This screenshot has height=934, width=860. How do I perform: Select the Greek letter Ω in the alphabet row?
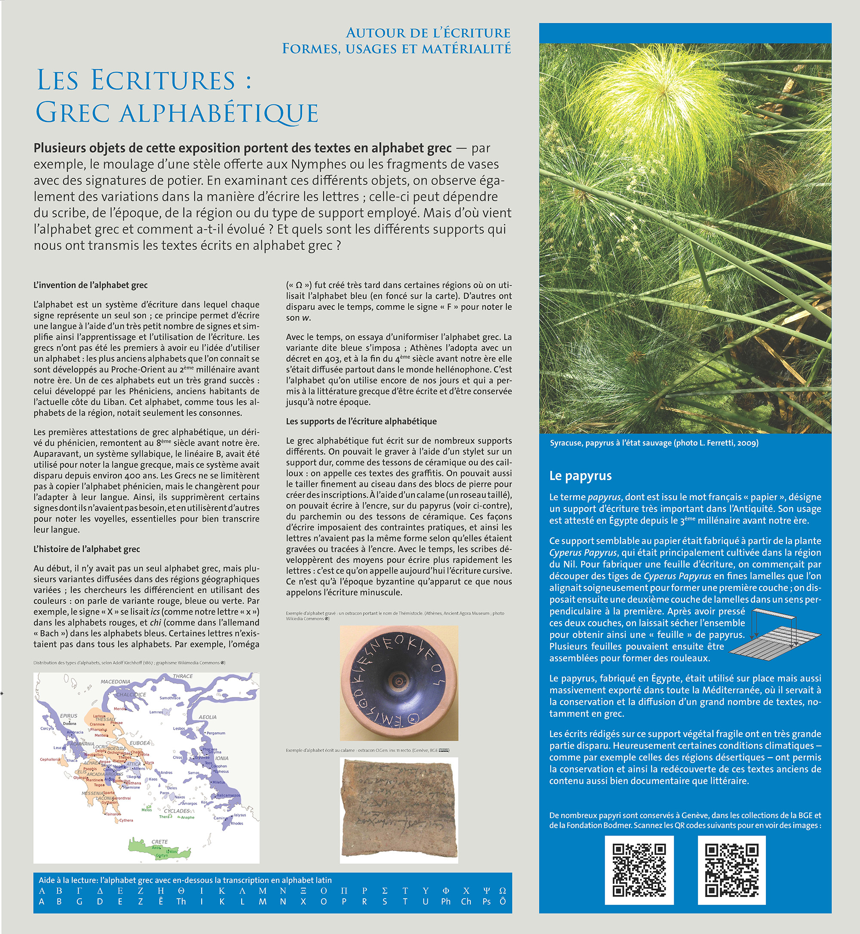pyautogui.click(x=503, y=891)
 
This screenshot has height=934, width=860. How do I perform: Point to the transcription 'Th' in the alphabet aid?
pyautogui.click(x=181, y=902)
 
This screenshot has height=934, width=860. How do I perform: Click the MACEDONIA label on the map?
pyautogui.click(x=115, y=681)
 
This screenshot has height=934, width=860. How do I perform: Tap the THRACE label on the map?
pyautogui.click(x=182, y=676)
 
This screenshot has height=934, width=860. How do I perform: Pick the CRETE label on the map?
pyautogui.click(x=160, y=842)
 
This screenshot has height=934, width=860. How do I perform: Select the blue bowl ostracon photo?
pyautogui.click(x=399, y=683)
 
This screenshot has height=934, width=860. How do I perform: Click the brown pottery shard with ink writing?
pyautogui.click(x=399, y=810)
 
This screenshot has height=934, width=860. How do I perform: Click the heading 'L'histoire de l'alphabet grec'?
pyautogui.click(x=86, y=549)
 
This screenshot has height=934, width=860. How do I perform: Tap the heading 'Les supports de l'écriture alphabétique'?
pyautogui.click(x=361, y=421)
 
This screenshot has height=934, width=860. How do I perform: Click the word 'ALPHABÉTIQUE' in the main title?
pyautogui.click(x=219, y=113)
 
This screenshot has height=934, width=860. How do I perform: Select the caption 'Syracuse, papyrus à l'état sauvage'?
pyautogui.click(x=654, y=443)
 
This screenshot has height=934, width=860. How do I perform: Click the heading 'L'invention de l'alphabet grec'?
pyautogui.click(x=90, y=285)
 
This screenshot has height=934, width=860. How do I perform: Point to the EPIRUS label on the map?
pyautogui.click(x=68, y=715)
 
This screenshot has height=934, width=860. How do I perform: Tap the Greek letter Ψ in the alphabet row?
pyautogui.click(x=486, y=891)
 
